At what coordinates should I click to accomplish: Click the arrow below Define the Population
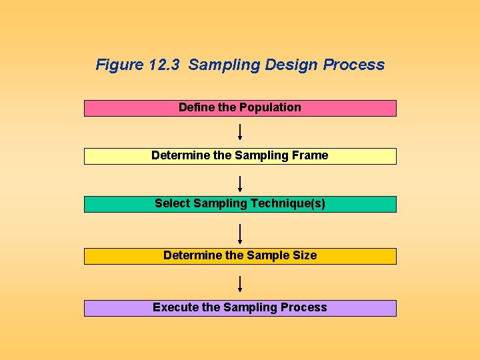[240, 131]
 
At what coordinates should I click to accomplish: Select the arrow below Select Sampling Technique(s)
[240, 234]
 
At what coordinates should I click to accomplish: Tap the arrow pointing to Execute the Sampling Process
[240, 284]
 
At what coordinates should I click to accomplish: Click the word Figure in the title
[120, 65]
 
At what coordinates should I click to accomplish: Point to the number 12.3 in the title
[165, 65]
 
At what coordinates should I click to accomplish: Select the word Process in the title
[354, 65]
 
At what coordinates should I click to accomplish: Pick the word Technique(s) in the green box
[289, 203]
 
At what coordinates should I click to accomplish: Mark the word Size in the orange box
[304, 255]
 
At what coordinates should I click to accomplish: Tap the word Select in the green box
[172, 203]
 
